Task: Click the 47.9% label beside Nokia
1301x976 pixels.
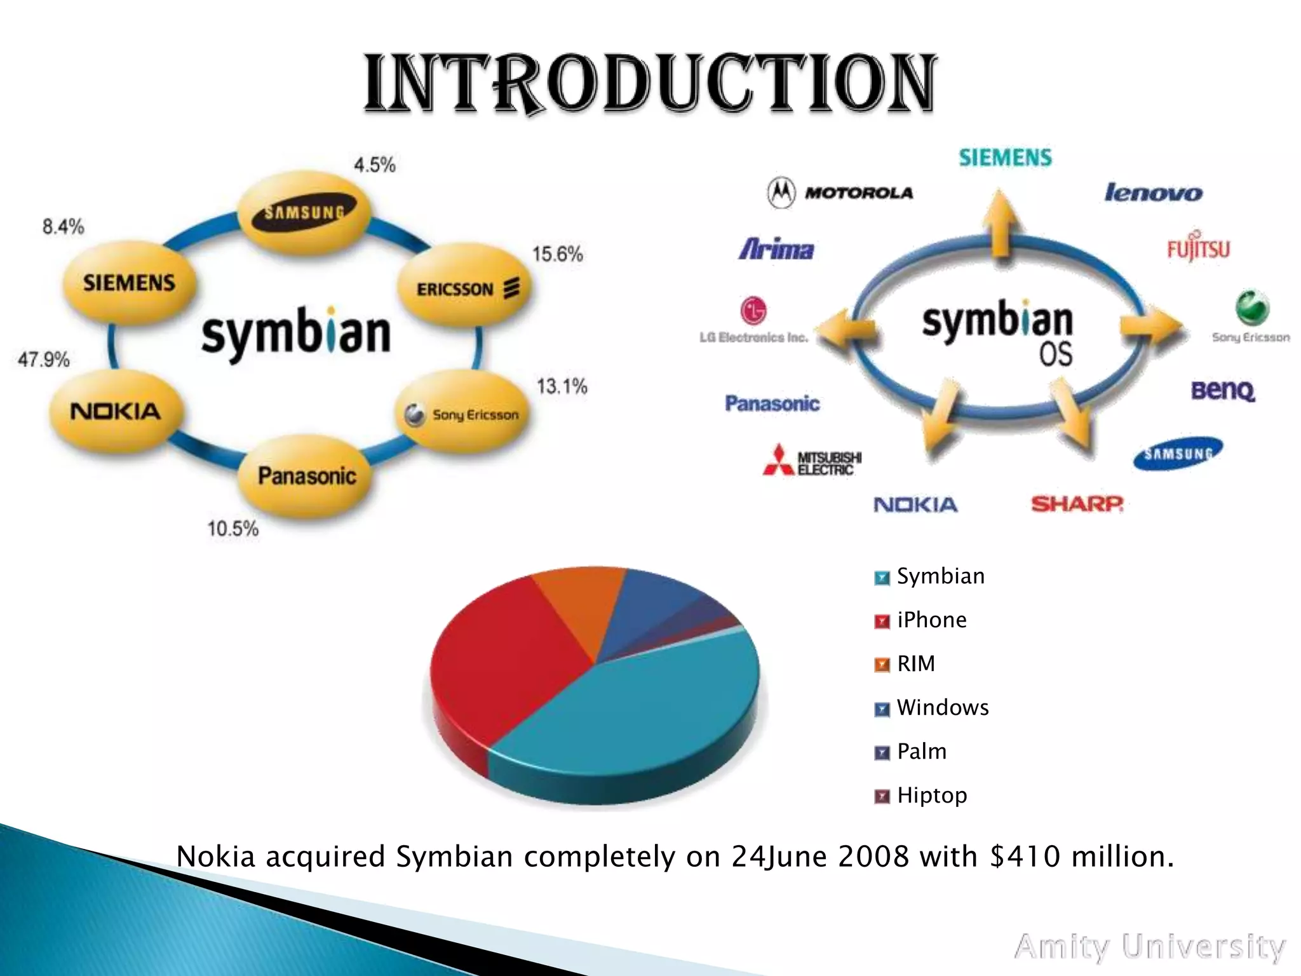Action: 43,360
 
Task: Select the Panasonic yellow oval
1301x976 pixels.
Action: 306,476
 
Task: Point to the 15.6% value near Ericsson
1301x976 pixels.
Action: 557,254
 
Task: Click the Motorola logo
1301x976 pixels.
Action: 840,192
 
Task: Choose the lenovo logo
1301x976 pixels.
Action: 1153,193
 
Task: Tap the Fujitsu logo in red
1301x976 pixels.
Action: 1198,248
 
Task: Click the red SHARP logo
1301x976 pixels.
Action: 1077,505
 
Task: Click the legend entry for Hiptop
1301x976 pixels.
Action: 931,796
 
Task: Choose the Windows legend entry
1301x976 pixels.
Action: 942,708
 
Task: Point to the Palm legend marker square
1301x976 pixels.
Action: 882,753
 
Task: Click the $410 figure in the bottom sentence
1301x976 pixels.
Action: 1025,857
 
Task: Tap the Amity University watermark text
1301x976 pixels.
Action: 1150,947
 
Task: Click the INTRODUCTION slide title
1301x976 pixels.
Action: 649,85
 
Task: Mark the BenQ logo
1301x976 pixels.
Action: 1223,390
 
